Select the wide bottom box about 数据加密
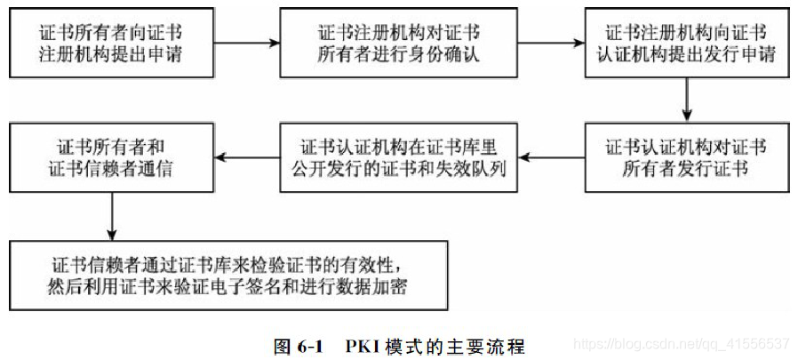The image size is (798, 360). [x=228, y=275]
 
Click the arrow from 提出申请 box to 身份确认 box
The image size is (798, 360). [x=249, y=42]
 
